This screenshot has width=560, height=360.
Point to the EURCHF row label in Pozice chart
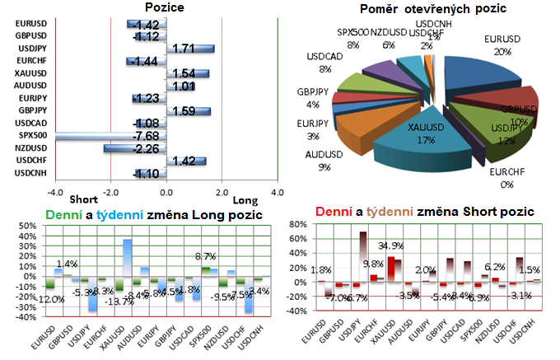(x=31, y=61)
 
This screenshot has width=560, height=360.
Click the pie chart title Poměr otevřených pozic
(x=422, y=9)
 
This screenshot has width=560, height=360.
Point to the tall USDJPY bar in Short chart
(x=362, y=259)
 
